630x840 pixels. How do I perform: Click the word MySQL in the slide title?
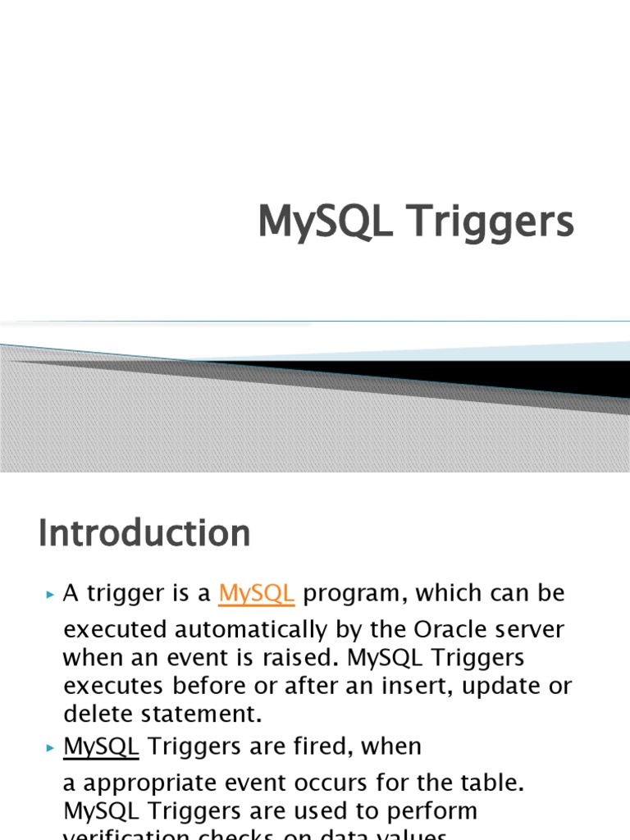tap(324, 222)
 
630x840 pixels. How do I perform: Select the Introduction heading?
tap(144, 533)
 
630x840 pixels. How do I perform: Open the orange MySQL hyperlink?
tap(257, 593)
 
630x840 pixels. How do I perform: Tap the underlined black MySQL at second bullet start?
tap(101, 746)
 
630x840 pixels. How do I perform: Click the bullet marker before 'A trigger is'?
tap(50, 594)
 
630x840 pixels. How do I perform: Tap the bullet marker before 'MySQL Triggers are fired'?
tap(50, 747)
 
